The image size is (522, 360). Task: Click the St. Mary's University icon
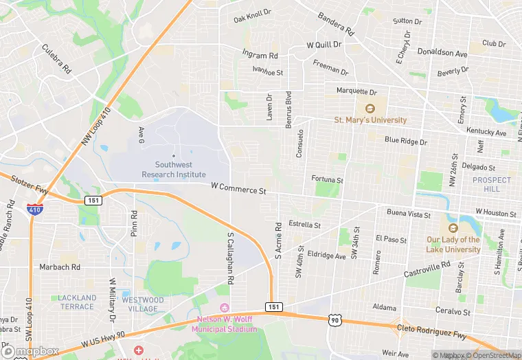370,108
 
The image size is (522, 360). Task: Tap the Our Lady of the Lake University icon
453,228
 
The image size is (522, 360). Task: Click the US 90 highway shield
334,320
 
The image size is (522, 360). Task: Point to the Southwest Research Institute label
174,169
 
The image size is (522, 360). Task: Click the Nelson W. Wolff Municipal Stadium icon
223,307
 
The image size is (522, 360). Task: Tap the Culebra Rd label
57,59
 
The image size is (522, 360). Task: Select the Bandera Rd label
335,24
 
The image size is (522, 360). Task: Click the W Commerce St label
238,188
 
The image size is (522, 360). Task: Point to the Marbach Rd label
60,267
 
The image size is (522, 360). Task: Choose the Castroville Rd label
427,269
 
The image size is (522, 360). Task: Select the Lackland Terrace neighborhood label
77,302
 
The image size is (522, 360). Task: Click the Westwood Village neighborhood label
143,304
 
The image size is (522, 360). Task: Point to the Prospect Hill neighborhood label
492,184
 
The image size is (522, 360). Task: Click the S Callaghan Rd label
231,258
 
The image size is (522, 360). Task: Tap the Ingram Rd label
260,54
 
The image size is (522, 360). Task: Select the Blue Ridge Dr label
405,141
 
